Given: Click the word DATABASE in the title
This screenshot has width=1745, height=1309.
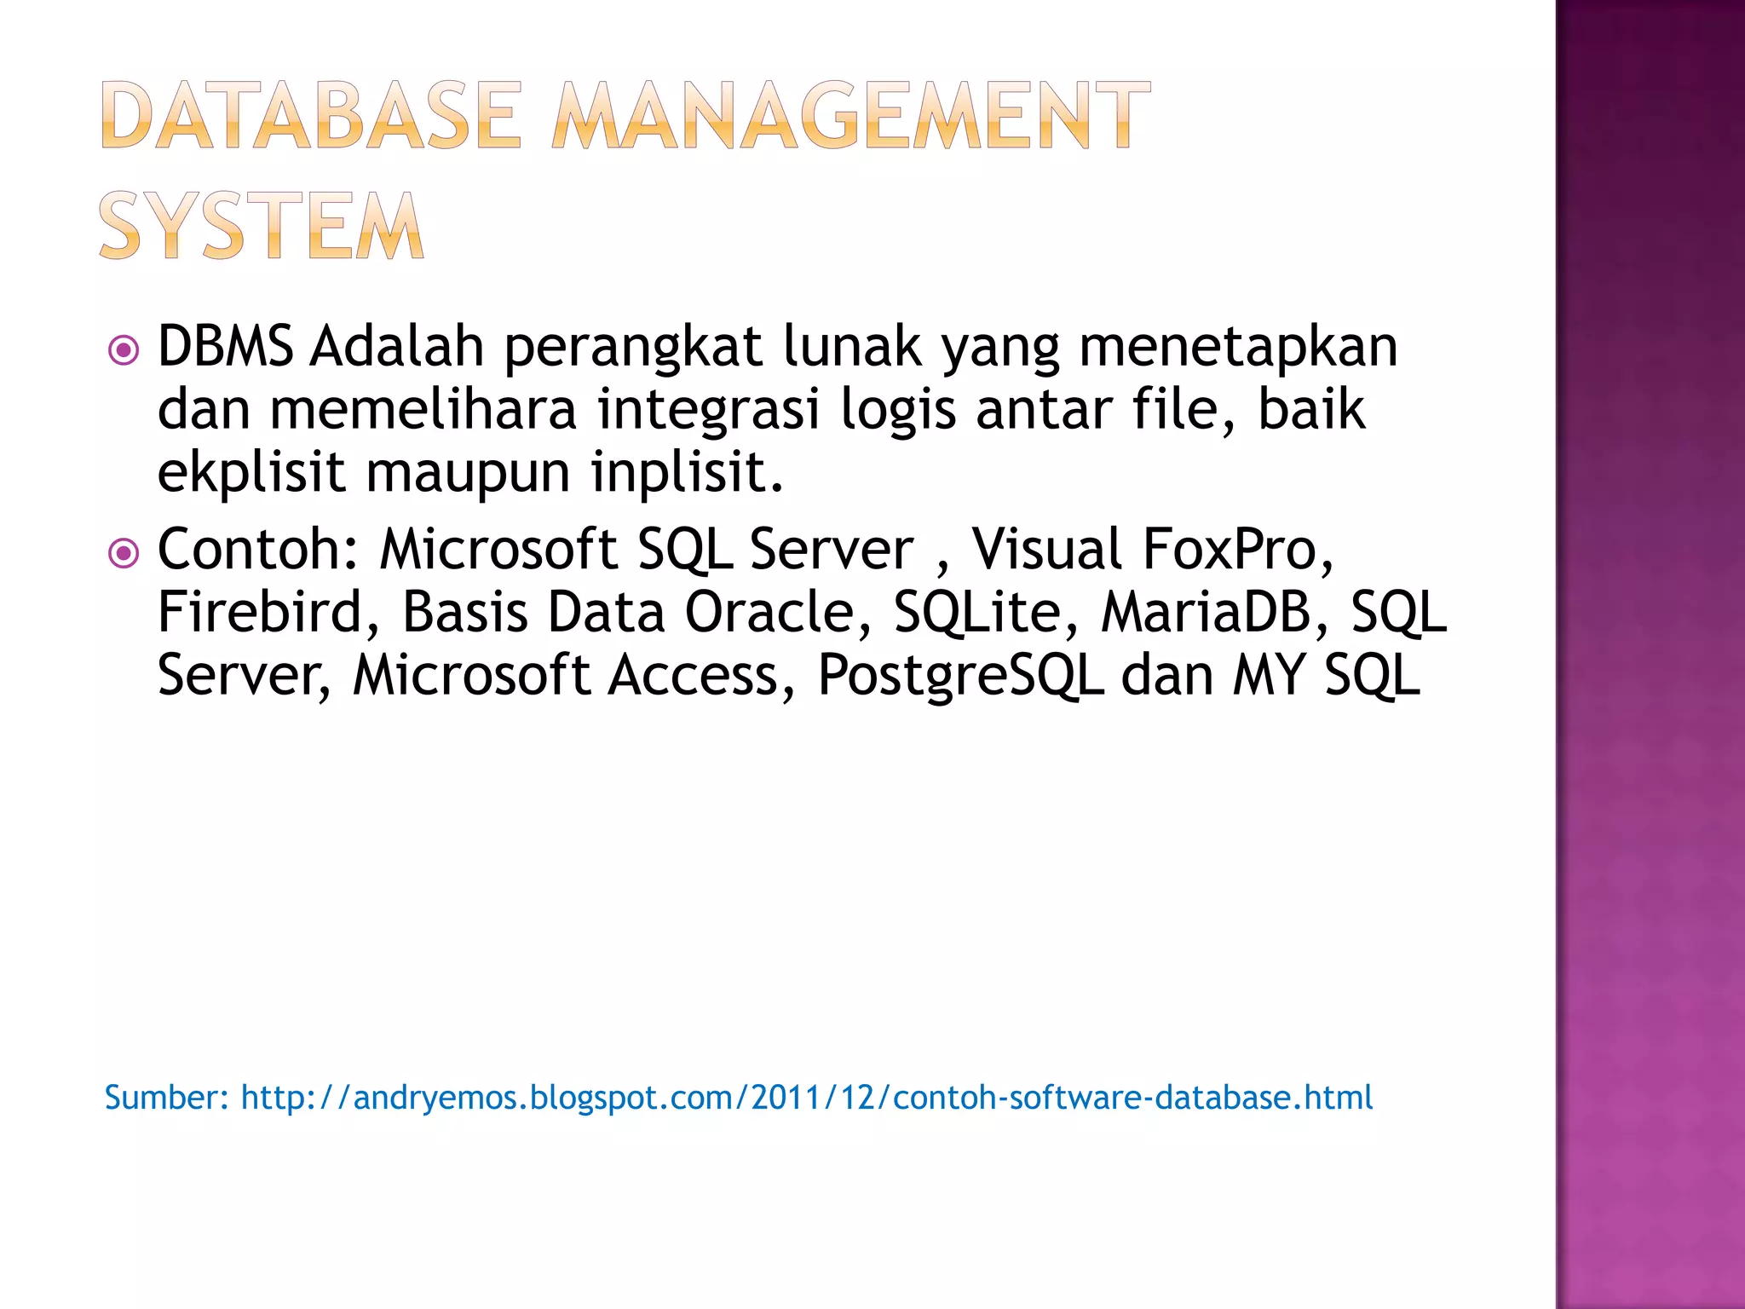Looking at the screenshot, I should (x=311, y=116).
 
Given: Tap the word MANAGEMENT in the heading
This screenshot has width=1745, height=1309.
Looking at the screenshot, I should (x=850, y=116).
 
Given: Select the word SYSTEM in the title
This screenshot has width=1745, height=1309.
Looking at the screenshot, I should (x=261, y=226).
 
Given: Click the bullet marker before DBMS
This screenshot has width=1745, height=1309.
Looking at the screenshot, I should (x=124, y=349).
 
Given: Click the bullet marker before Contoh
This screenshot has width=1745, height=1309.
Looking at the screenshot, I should (x=124, y=553).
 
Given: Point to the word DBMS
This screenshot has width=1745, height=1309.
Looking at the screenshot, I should (x=226, y=347).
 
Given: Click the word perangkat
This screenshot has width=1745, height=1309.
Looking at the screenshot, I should (x=633, y=349).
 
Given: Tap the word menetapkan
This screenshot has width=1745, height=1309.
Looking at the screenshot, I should (x=1238, y=349).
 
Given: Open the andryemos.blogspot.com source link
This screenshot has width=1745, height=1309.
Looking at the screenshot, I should (x=806, y=1098).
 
